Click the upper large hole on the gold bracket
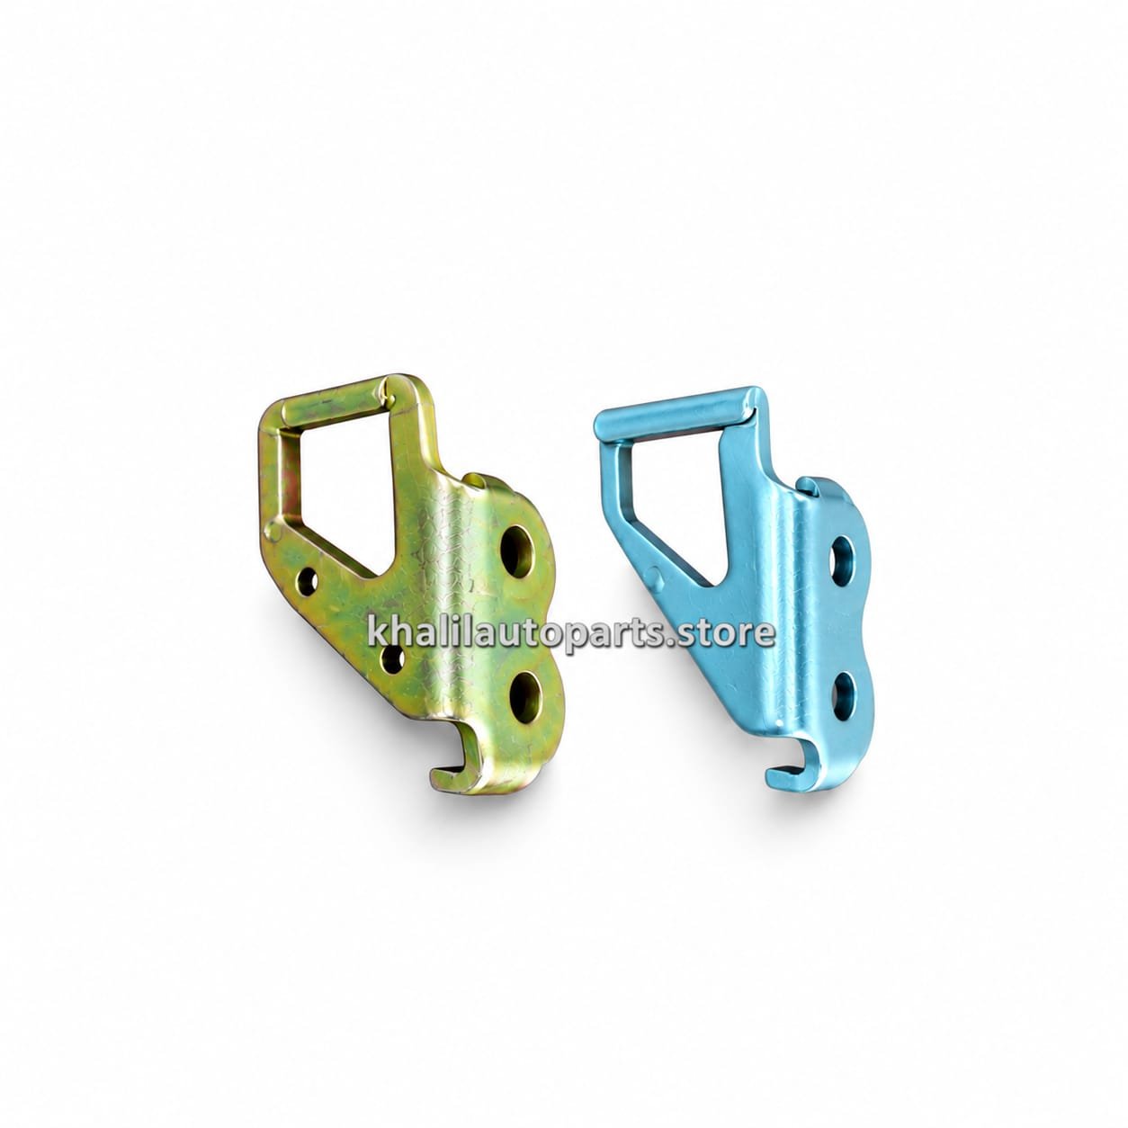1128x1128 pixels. point(518,550)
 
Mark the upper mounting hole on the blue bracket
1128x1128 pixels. point(844,556)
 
